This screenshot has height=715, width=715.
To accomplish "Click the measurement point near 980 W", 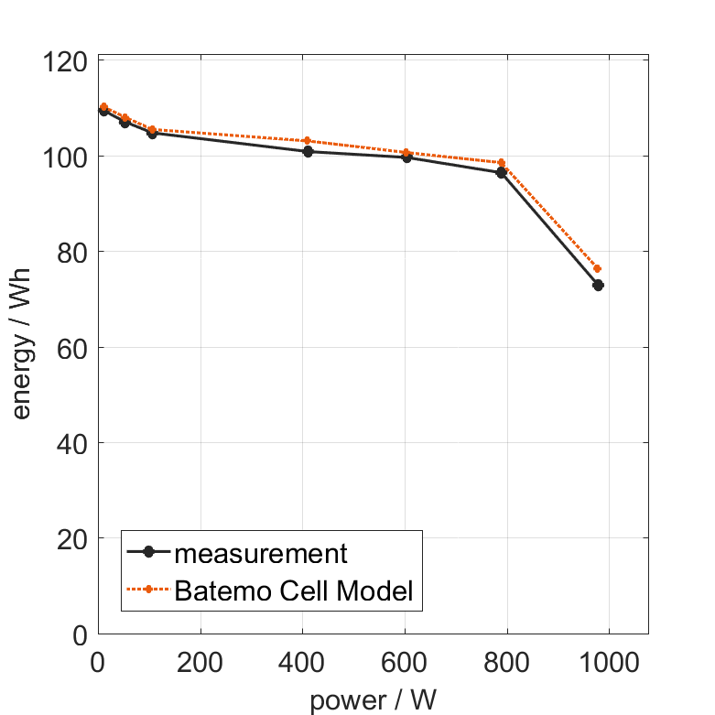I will [598, 286].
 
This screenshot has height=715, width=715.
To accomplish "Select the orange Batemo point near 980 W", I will [598, 269].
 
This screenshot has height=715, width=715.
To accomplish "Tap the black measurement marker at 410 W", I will [308, 152].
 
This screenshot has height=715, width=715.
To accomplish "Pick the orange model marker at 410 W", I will [307, 141].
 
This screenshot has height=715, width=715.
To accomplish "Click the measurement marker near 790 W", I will [502, 172].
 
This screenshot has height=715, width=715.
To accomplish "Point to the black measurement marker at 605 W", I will [406, 157].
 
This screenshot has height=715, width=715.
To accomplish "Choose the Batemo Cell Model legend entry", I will [293, 591].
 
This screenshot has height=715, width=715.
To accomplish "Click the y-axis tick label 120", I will [67, 61].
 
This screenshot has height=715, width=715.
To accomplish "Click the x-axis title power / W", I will [373, 700].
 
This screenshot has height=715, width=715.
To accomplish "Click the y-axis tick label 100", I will [67, 157].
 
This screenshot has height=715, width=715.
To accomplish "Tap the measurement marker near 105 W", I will [152, 133].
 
